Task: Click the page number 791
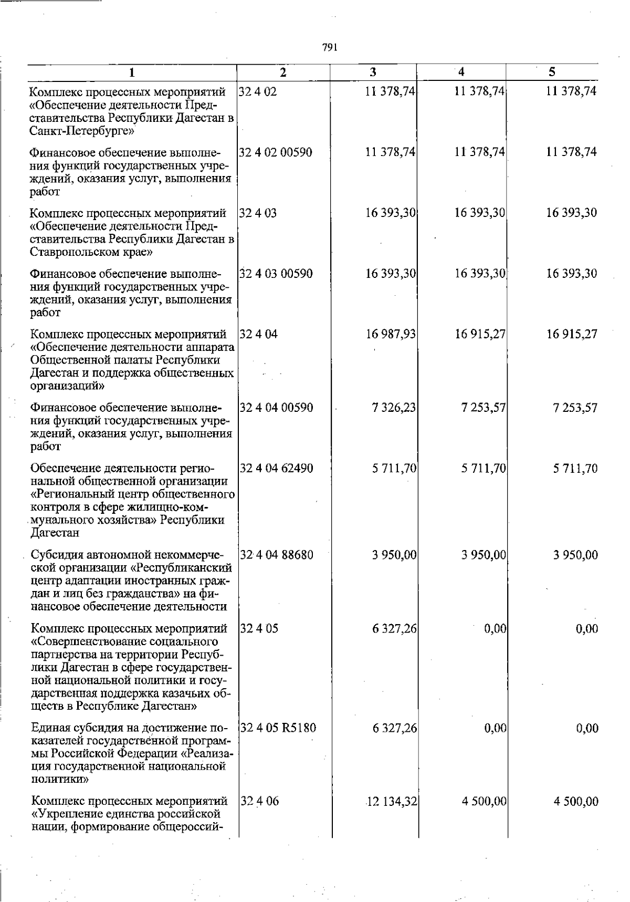pyautogui.click(x=329, y=47)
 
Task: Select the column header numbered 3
pyautogui.click(x=373, y=72)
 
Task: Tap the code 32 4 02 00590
pyautogui.click(x=276, y=152)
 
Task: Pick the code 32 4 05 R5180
pyautogui.click(x=278, y=728)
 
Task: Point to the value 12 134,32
pyautogui.click(x=391, y=801)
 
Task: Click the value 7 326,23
pyautogui.click(x=394, y=408)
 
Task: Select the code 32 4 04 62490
pyautogui.click(x=277, y=468)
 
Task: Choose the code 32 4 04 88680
pyautogui.click(x=277, y=555)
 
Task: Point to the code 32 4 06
pyautogui.click(x=260, y=801)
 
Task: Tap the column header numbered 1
pyautogui.click(x=132, y=72)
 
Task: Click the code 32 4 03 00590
pyautogui.click(x=276, y=274)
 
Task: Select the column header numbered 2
pyautogui.click(x=283, y=72)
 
